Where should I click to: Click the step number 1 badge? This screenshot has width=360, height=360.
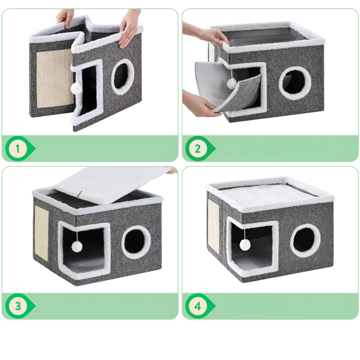[x=18, y=149]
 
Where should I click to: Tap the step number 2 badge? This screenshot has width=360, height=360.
[x=198, y=149]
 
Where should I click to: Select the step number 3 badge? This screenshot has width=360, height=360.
[x=18, y=306]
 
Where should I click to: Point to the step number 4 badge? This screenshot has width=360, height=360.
[x=198, y=306]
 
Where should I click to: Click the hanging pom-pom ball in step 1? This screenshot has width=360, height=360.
[x=76, y=88]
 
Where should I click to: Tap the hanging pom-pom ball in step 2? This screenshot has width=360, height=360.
[x=231, y=83]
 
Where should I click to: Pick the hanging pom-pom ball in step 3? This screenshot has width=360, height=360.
[x=77, y=246]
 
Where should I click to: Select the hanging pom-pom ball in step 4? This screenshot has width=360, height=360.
[x=245, y=245]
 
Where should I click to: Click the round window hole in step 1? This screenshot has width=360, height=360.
[x=122, y=77]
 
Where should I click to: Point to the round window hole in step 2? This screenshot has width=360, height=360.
[x=295, y=83]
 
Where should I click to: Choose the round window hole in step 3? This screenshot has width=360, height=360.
[x=136, y=242]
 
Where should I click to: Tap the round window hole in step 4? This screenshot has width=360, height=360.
[x=305, y=241]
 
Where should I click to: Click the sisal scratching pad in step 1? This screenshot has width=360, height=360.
[x=55, y=78]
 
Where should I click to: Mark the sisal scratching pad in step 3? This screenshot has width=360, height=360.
[x=42, y=233]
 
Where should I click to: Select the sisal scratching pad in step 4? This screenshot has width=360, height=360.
[x=213, y=226]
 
